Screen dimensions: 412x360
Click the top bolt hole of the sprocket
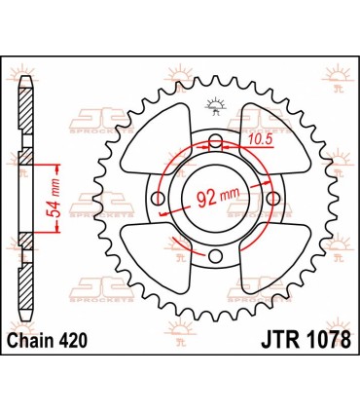pos(213,141)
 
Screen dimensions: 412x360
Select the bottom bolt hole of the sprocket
pos(213,256)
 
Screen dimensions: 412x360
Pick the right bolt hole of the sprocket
pos(270,199)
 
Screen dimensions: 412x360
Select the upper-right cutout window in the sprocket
pos(275,133)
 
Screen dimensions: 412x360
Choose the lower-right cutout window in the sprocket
pos(275,263)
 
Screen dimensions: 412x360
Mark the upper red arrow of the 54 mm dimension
pos(60,163)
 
